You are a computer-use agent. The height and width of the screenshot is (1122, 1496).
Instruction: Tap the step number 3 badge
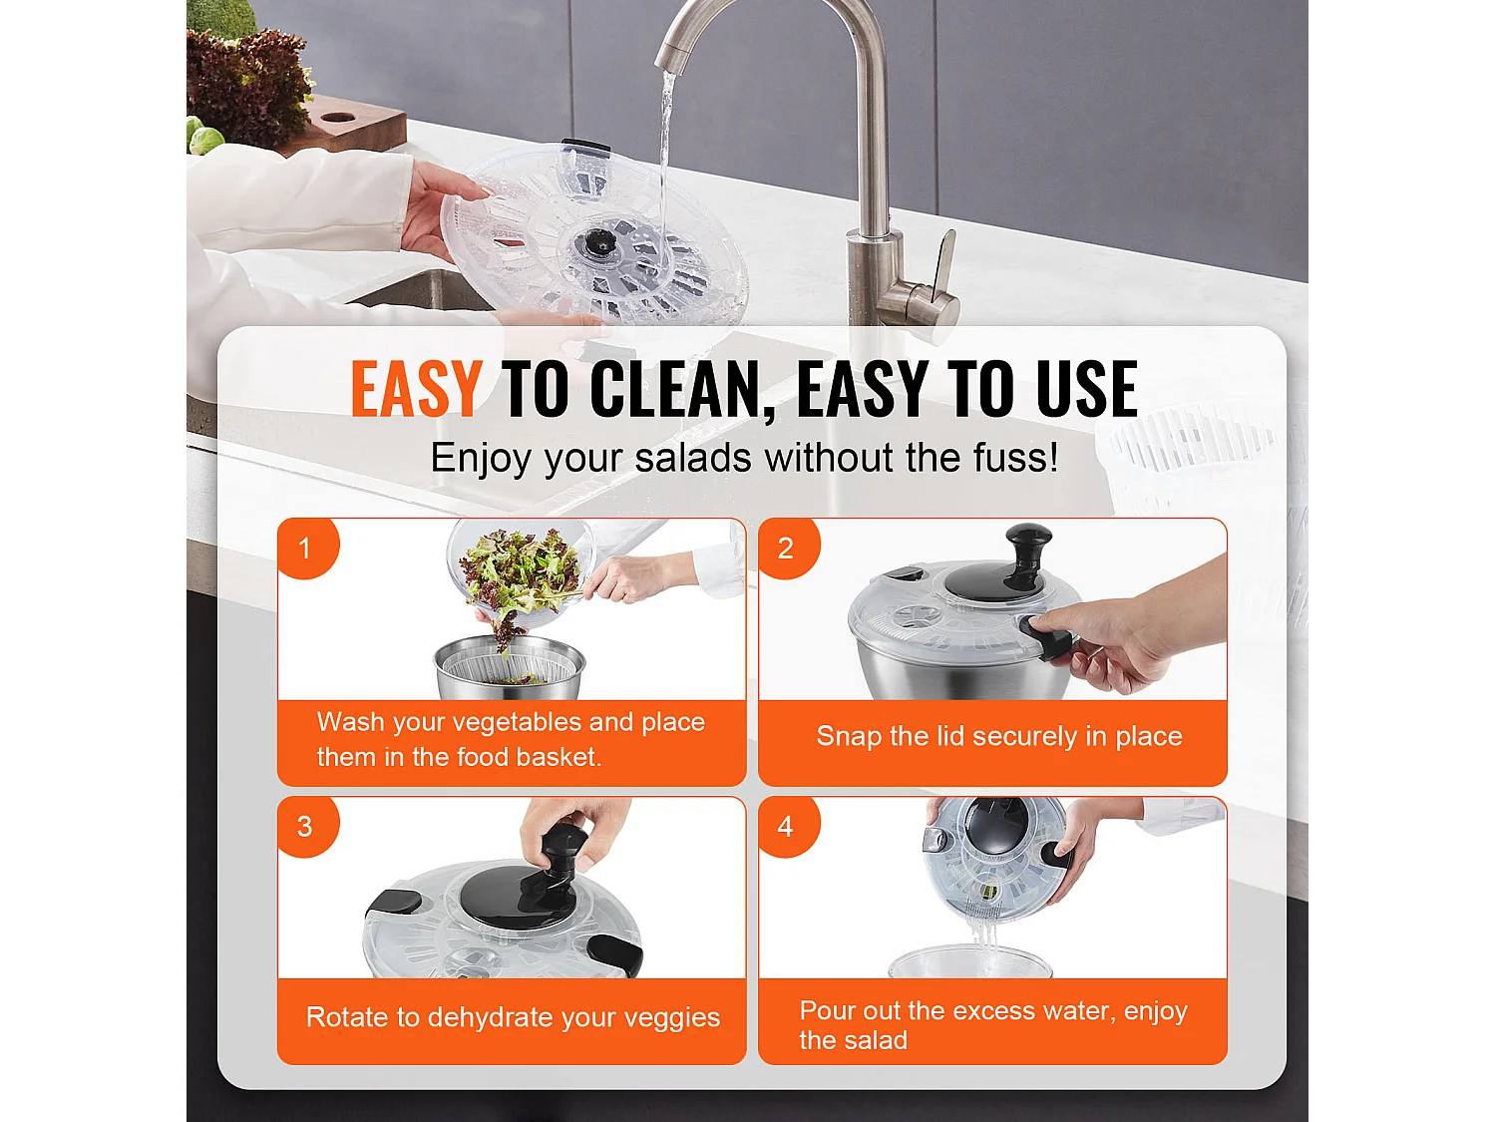(x=307, y=827)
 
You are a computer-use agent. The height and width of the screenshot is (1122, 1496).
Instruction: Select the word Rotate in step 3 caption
(x=348, y=1017)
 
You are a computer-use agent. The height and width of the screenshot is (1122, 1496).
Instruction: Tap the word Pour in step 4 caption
(x=826, y=1010)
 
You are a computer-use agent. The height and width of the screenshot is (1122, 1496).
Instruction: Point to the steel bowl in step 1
(x=510, y=669)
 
